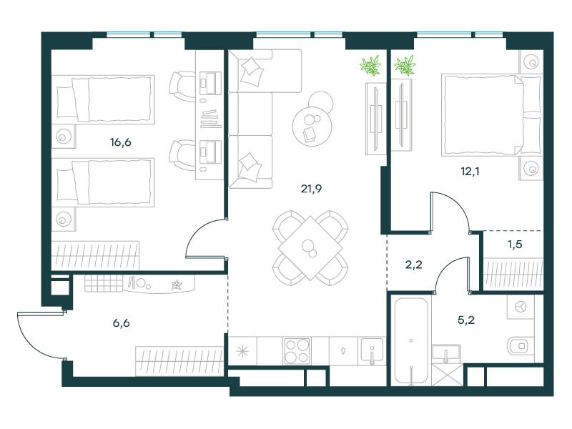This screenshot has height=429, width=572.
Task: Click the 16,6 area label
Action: pyautogui.click(x=121, y=142)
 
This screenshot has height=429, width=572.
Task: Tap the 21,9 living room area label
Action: pyautogui.click(x=311, y=189)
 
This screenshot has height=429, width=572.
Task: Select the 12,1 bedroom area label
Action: pyautogui.click(x=470, y=171)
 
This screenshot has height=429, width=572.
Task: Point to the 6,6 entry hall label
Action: pyautogui.click(x=121, y=323)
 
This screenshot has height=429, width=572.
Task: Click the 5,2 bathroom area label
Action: pyautogui.click(x=466, y=320)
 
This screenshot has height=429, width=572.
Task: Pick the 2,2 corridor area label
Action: pyautogui.click(x=414, y=265)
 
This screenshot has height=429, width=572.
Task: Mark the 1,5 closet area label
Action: pyautogui.click(x=515, y=244)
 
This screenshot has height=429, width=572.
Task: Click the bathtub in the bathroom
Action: pyautogui.click(x=411, y=342)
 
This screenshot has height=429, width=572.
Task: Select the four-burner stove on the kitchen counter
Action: pyautogui.click(x=297, y=351)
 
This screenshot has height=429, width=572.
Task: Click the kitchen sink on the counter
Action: pyautogui.click(x=372, y=350)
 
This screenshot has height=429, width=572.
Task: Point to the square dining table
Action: pyautogui.click(x=310, y=248)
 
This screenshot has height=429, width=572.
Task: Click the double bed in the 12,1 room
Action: pyautogui.click(x=491, y=115)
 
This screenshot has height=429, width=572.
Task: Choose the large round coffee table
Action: pyautogui.click(x=312, y=127)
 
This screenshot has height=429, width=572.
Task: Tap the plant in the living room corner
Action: pyautogui.click(x=370, y=66)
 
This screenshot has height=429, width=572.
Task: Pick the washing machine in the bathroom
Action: pyautogui.click(x=521, y=307)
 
